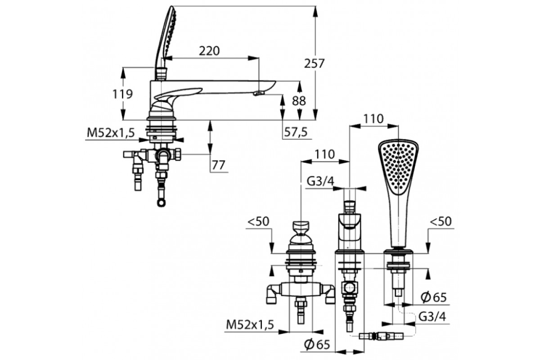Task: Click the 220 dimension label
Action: tap(209, 51)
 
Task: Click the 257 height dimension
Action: tap(315, 63)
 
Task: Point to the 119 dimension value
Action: tap(122, 94)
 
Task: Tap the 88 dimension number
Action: tap(299, 101)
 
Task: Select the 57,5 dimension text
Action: tap(296, 132)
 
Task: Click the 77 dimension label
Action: tap(218, 165)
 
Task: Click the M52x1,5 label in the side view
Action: tap(111, 132)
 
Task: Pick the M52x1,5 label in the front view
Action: tap(250, 325)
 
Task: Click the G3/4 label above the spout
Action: tap(320, 181)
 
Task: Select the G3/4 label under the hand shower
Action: tap(432, 317)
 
